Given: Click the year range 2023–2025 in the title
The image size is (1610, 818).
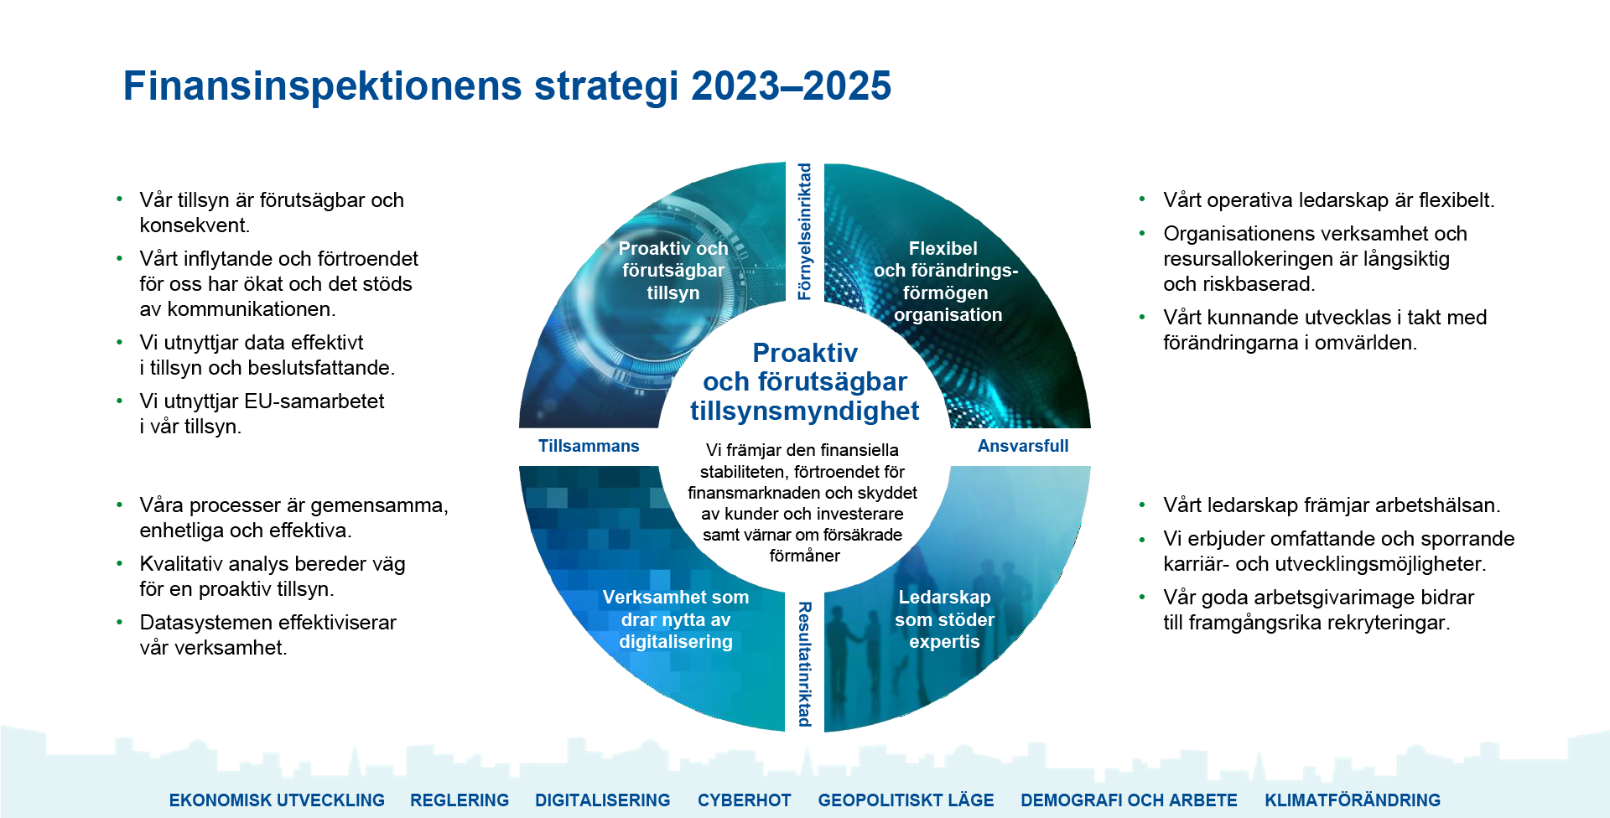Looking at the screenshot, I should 791,86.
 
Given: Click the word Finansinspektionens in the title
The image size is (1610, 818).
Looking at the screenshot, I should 324,86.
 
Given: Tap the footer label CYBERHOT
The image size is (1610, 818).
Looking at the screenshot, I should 744,800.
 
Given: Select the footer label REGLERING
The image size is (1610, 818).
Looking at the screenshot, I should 460,800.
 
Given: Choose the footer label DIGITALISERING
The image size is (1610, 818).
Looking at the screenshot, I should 603,800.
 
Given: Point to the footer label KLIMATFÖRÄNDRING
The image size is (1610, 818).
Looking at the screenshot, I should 1353,800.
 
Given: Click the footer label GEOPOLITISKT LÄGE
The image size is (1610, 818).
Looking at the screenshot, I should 906,800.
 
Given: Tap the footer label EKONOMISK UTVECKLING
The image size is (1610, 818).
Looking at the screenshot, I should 277,800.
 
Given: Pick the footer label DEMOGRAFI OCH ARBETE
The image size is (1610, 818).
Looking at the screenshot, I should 1129,800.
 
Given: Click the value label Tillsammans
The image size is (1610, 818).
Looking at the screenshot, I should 589,446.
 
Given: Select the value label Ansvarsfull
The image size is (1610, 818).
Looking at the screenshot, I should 1023,446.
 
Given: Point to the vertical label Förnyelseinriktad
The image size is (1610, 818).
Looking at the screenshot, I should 805,231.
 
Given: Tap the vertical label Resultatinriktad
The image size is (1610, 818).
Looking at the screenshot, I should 805,664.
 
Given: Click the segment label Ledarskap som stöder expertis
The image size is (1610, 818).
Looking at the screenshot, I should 944,619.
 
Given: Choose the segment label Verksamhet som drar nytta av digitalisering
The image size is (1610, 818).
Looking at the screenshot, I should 676,619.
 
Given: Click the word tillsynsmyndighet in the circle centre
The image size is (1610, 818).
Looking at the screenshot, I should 805,412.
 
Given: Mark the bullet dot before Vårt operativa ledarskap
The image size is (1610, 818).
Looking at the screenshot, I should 1142,199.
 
